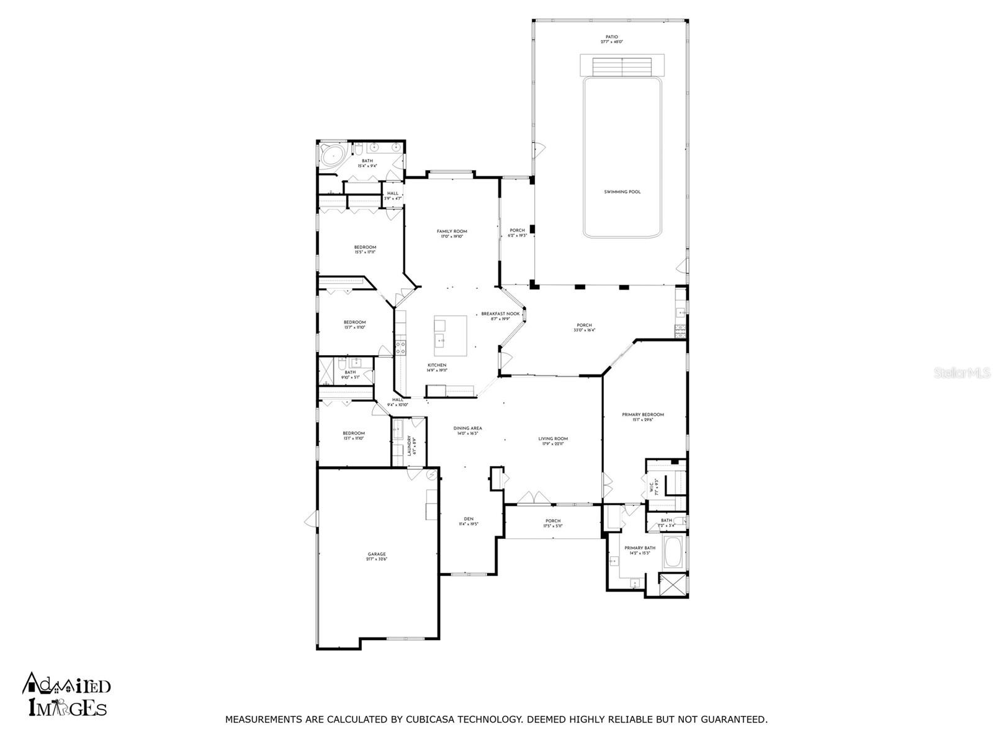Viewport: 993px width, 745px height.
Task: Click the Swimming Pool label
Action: click(x=622, y=192)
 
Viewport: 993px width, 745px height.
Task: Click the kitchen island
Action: click(x=451, y=335)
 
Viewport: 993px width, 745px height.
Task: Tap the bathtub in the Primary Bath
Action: click(x=673, y=553)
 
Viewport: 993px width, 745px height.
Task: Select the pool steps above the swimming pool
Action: click(x=622, y=65)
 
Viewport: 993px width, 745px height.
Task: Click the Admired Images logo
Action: click(x=66, y=693)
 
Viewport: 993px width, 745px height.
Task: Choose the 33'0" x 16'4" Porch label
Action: click(x=584, y=328)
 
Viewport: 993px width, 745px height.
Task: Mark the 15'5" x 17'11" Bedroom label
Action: click(x=365, y=250)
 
